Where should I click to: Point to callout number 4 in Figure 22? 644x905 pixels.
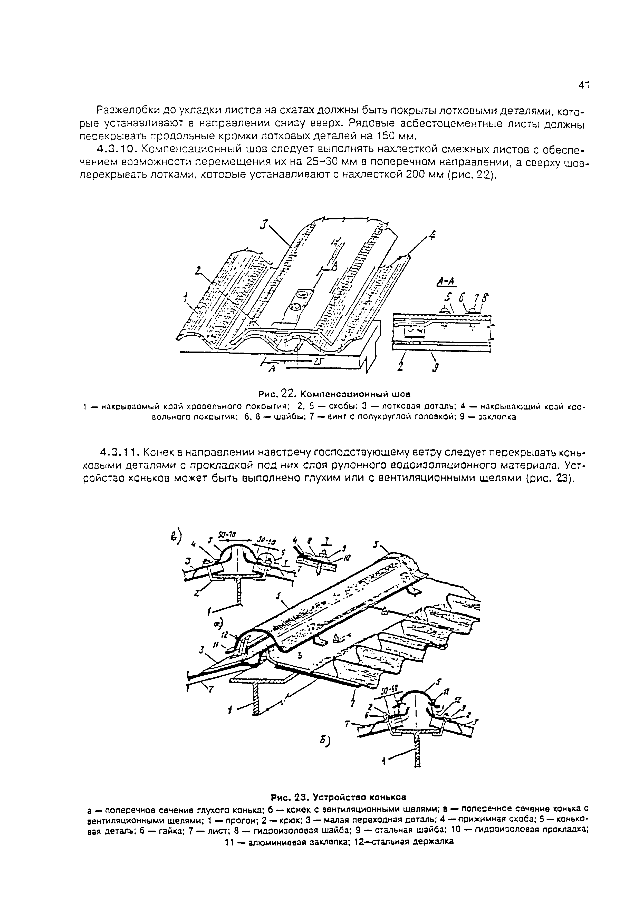click(432, 237)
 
